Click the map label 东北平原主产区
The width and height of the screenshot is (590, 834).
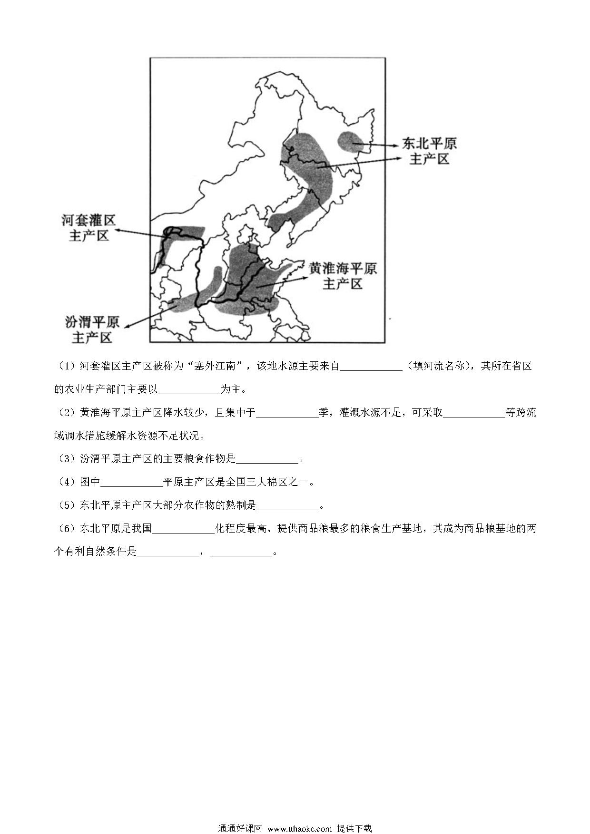click(429, 151)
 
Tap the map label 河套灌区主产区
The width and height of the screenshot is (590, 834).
click(89, 227)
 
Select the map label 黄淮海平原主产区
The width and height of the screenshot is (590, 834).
click(343, 276)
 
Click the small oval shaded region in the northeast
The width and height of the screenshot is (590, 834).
click(351, 142)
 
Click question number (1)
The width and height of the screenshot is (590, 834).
click(67, 366)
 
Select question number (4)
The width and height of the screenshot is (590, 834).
click(67, 482)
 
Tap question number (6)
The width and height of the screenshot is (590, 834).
click(67, 528)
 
